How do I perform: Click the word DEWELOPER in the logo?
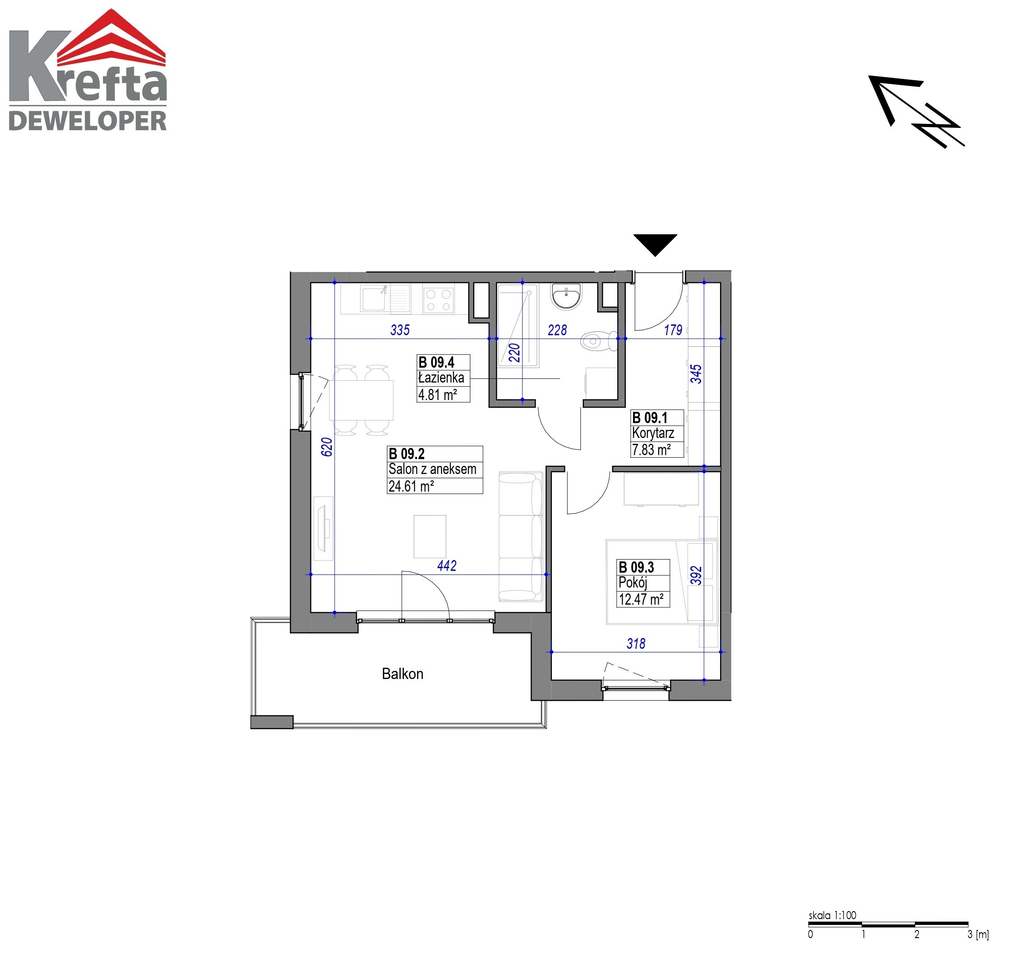click(x=88, y=121)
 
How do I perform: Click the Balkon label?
click(x=402, y=674)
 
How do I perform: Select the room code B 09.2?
click(x=406, y=454)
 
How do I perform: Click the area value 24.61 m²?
click(x=411, y=486)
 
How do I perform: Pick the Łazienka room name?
click(x=441, y=378)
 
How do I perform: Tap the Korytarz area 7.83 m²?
click(x=651, y=450)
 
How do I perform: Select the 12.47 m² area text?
click(x=641, y=600)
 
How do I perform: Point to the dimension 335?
click(x=399, y=330)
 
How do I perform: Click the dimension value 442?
click(x=446, y=565)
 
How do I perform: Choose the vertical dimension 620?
click(x=326, y=447)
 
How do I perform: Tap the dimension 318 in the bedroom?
click(x=636, y=644)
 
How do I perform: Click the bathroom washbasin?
click(x=566, y=297)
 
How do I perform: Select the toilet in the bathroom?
click(x=599, y=341)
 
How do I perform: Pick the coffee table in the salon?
click(x=430, y=537)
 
